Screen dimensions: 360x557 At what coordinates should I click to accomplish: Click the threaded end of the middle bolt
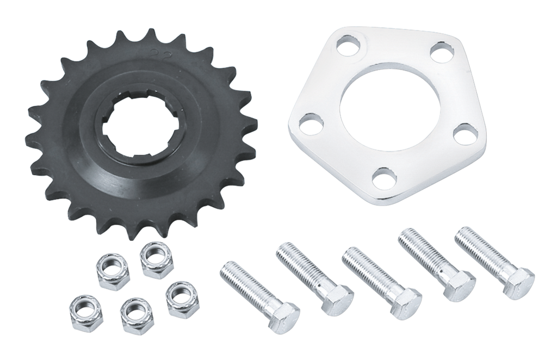pyautogui.click(x=349, y=253)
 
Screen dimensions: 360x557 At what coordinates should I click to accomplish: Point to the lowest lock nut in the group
pyautogui.click(x=131, y=312)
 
